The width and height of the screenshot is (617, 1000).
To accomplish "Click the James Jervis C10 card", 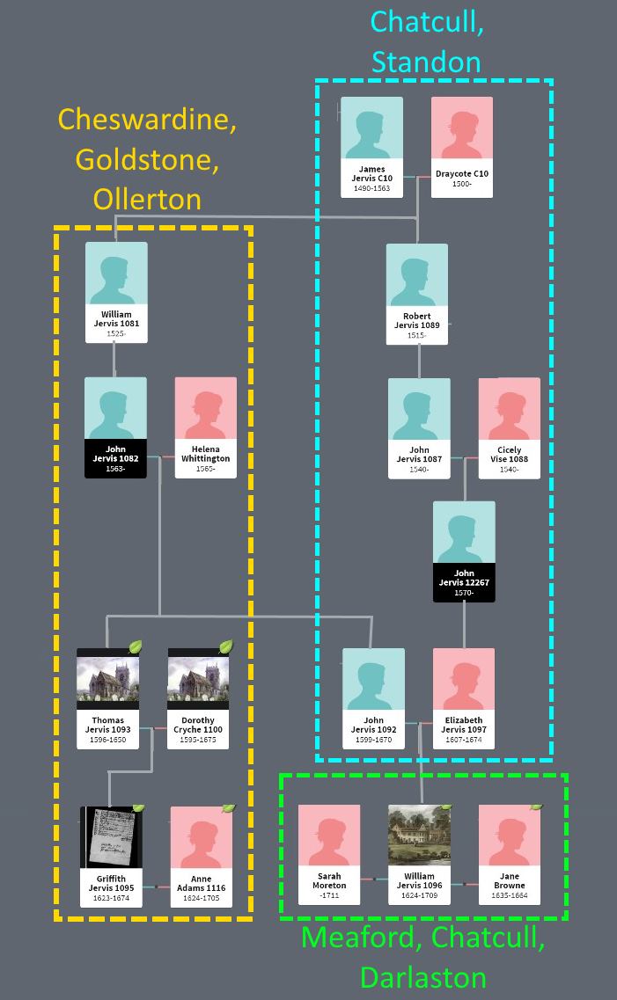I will point(371,146).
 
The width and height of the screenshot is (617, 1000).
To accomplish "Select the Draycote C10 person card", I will point(461,146).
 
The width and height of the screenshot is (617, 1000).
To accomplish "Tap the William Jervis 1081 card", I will point(116,292).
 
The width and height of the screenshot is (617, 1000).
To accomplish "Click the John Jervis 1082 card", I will point(115,427).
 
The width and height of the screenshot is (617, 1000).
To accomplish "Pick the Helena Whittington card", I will point(205,427).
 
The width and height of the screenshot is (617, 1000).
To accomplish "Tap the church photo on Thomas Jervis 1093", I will point(107,679).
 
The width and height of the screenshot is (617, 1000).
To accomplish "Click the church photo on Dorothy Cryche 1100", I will point(198,679).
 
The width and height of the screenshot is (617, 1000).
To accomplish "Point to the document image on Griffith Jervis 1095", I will point(111,837).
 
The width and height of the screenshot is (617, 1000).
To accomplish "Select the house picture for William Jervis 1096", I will point(420,836).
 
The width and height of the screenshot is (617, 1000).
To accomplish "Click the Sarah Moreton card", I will point(329,854).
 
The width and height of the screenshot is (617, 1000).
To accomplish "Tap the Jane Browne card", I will point(509,854).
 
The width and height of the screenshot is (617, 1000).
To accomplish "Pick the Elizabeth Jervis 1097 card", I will point(464,698).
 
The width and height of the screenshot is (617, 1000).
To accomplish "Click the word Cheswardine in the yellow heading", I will point(147,120).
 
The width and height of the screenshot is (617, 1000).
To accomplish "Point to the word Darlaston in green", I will point(422,977).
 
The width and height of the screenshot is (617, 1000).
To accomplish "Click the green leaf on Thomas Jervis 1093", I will point(136,647).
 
